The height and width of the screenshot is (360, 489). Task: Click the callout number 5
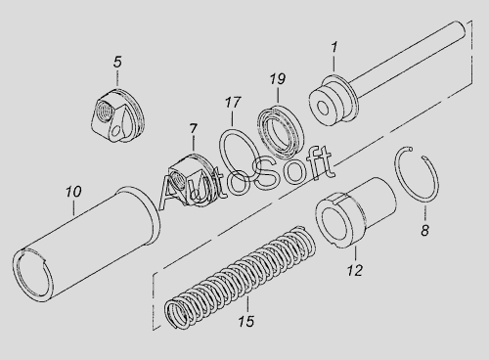[117, 62]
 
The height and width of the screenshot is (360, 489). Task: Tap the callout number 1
[334, 48]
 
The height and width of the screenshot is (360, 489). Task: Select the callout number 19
[278, 79]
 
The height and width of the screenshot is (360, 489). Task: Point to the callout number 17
[233, 103]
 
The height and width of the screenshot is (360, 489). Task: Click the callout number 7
[194, 129]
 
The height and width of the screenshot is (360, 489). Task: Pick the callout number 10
[73, 192]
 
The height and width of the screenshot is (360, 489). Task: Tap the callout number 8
[424, 231]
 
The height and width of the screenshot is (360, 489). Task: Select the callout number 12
[355, 270]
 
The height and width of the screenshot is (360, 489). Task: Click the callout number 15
[245, 322]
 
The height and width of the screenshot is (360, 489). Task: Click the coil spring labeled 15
[240, 277]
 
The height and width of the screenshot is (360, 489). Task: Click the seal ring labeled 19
[281, 130]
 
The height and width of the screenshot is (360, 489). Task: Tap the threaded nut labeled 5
[117, 115]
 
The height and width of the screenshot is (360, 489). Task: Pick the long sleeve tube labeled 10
[86, 245]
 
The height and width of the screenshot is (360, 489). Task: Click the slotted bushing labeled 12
[355, 212]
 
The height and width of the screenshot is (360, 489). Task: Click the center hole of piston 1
[323, 109]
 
